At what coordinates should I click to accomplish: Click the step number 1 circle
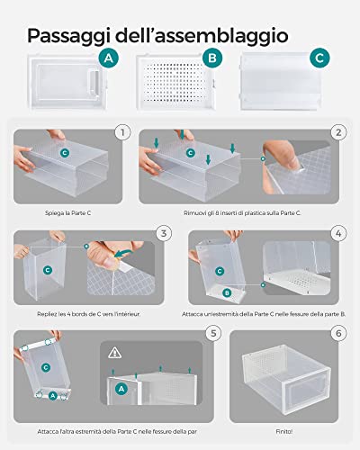122,132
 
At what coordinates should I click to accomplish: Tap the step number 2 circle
338,132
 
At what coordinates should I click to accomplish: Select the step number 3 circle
164,233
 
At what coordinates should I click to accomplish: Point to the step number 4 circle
338,233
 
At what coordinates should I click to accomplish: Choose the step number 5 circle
213,333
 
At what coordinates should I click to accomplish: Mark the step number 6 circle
338,333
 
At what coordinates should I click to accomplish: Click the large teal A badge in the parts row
109,58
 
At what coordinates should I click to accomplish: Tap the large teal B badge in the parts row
212,58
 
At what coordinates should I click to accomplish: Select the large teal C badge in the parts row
319,58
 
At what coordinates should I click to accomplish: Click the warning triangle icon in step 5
114,353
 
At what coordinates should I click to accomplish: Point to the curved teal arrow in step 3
123,253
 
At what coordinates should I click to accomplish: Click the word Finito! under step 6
283,432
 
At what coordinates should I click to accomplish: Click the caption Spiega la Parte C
67,213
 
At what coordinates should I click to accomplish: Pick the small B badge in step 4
227,292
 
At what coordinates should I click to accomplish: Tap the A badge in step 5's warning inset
121,389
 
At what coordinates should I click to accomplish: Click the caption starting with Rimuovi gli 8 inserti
242,213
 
